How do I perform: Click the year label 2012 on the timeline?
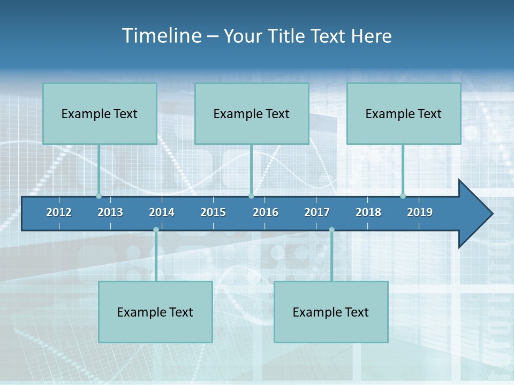click(59, 212)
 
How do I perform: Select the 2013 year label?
click(110, 212)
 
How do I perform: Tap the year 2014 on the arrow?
click(162, 212)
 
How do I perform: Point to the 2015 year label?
click(213, 212)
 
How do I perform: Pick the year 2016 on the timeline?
click(266, 212)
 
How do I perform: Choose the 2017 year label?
click(317, 212)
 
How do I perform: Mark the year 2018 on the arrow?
click(368, 212)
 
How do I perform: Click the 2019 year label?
click(420, 212)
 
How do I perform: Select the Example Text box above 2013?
click(100, 114)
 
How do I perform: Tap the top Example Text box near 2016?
click(252, 114)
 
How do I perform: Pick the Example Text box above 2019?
click(404, 114)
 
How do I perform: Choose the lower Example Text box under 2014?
click(155, 312)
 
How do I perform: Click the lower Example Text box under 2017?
click(331, 312)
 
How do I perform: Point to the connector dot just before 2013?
click(99, 196)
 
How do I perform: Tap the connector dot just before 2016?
click(252, 196)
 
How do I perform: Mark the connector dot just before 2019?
click(403, 196)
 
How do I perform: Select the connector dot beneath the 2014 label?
click(156, 230)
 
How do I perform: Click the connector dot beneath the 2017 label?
click(331, 230)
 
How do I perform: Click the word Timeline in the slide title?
click(161, 36)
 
